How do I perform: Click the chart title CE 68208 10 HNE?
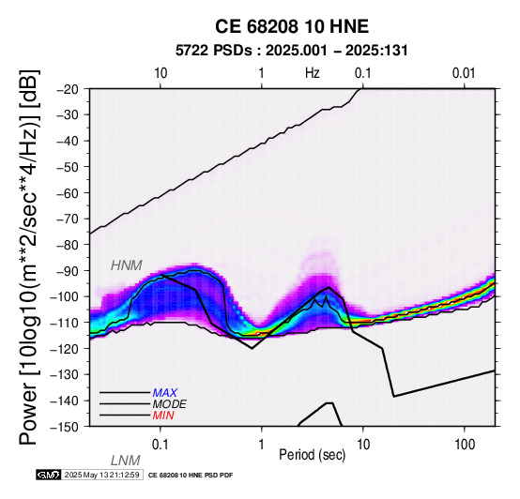[292, 26]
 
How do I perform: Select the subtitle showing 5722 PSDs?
[292, 51]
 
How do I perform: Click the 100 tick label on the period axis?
[465, 445]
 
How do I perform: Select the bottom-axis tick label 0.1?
[161, 445]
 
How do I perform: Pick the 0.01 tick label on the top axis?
[464, 73]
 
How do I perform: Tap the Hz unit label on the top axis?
[313, 73]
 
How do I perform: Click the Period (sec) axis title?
[313, 455]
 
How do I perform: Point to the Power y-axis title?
[29, 257]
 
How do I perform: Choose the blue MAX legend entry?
[165, 393]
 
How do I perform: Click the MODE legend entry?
[170, 404]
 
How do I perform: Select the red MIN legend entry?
[163, 416]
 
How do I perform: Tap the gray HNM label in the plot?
[127, 265]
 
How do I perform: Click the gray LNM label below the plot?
[126, 461]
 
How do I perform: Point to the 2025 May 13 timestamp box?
[101, 475]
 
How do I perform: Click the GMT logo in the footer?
[49, 475]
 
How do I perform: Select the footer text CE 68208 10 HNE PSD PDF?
[191, 476]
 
